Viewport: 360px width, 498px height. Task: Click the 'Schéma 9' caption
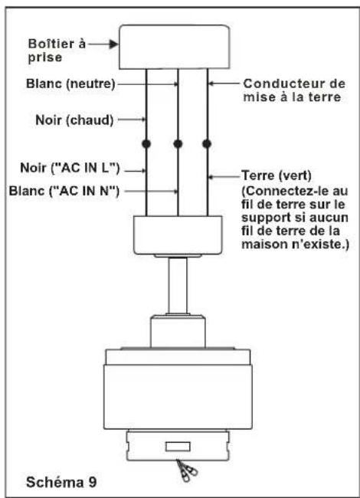tap(61, 482)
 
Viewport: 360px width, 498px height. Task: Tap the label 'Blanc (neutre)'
tap(70, 84)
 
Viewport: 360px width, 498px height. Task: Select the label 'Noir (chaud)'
tap(74, 120)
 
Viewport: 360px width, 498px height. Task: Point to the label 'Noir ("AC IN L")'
tap(70, 168)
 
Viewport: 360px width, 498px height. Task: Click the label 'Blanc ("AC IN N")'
tap(64, 192)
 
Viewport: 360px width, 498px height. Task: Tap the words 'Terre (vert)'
tap(277, 175)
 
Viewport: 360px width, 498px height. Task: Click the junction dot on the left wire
tap(146, 144)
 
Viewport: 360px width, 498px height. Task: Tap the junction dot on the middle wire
tap(178, 144)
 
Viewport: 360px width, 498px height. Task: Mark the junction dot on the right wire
tap(207, 144)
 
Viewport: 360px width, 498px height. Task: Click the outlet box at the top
tap(174, 47)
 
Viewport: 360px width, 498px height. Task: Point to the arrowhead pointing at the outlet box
tap(113, 44)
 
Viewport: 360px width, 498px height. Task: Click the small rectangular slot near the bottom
tap(178, 447)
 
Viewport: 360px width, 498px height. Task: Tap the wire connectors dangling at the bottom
tap(187, 470)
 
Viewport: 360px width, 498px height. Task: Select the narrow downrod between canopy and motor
tap(178, 286)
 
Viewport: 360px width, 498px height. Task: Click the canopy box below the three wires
tap(178, 235)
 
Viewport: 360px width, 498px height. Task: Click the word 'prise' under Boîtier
tap(44, 57)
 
